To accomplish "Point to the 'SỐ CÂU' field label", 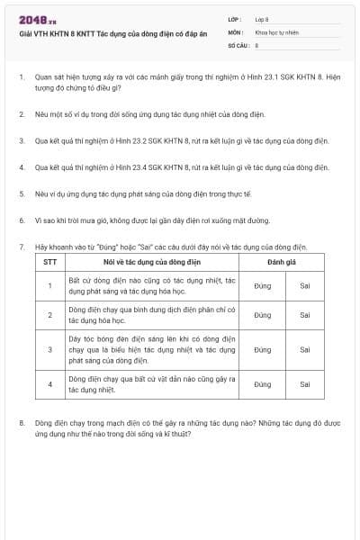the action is [238, 43].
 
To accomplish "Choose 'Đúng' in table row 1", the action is [262, 286].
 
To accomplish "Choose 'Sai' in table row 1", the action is [305, 286].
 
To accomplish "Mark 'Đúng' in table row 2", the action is [262, 315].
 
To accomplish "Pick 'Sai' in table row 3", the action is [305, 349].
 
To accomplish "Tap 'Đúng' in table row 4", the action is [262, 384].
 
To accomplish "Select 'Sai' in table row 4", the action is [305, 384].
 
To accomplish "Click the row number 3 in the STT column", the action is [50, 349].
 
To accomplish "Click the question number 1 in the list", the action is [22, 77].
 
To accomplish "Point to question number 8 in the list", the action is [22, 421].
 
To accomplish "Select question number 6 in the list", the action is [22, 219].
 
